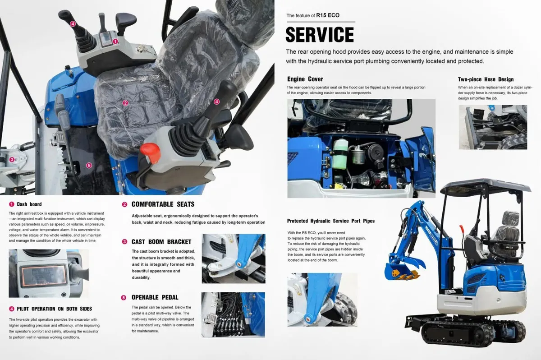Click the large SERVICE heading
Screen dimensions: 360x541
[x=320, y=35]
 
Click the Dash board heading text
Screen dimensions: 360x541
[x=29, y=204]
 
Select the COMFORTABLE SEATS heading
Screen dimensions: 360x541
[x=163, y=204]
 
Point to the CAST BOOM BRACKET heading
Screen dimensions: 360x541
[x=161, y=242]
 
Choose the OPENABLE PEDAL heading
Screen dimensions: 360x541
[x=155, y=297]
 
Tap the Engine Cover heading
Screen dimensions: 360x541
[x=305, y=79]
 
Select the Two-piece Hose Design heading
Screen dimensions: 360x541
[x=486, y=79]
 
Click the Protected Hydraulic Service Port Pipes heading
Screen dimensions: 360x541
[x=331, y=221]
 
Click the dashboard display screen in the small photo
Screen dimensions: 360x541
[x=43, y=275]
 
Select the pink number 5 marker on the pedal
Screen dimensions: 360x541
[x=89, y=165]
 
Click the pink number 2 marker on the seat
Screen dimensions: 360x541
[x=125, y=103]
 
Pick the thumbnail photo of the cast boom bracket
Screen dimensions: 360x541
[x=233, y=258]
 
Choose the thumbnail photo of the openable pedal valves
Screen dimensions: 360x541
[x=233, y=314]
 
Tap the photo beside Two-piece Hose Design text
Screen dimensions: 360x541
[x=492, y=127]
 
